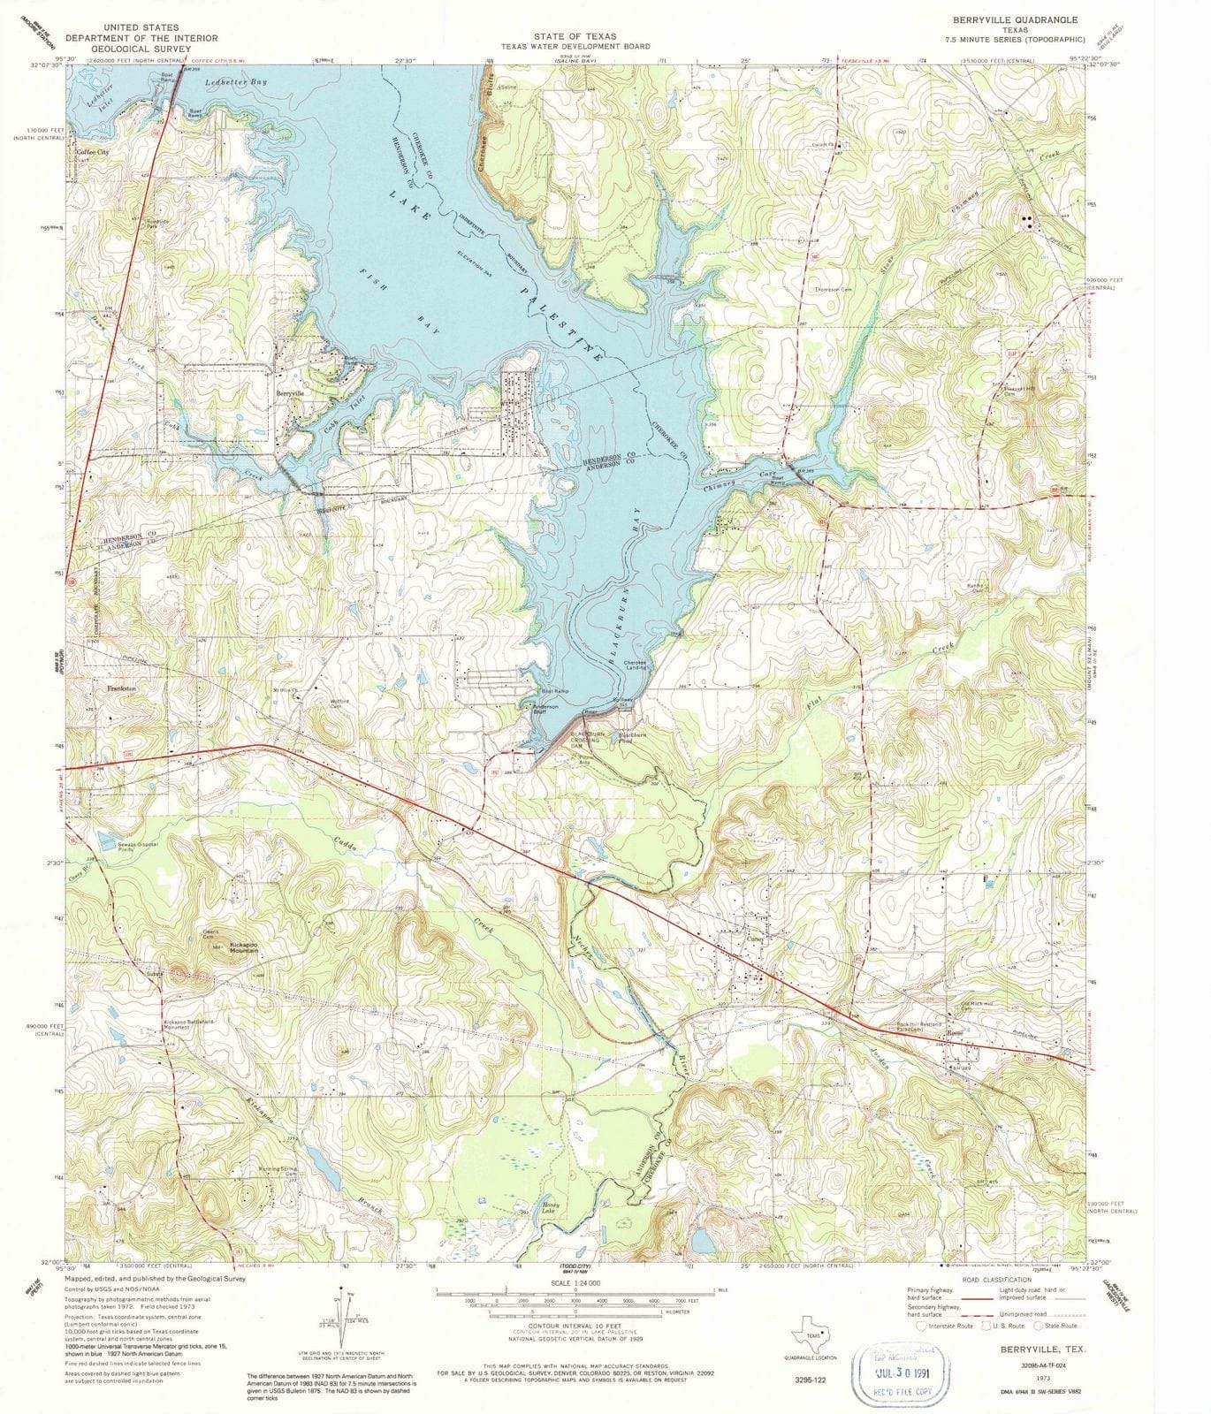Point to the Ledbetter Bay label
point(223,82)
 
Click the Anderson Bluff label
point(544,710)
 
